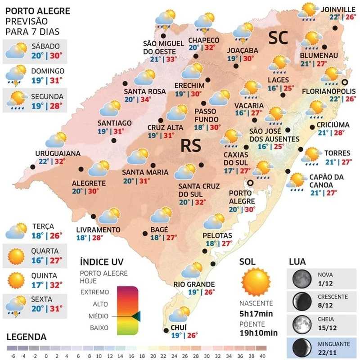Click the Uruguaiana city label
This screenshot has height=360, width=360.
(58, 153)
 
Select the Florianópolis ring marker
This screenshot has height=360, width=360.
(345, 82)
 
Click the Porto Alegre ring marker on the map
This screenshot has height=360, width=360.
(250, 183)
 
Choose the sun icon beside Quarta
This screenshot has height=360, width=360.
(16, 256)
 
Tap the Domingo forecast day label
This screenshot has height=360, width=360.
(48, 71)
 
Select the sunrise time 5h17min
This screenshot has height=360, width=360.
(257, 314)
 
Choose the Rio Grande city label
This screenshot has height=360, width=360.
(194, 284)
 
